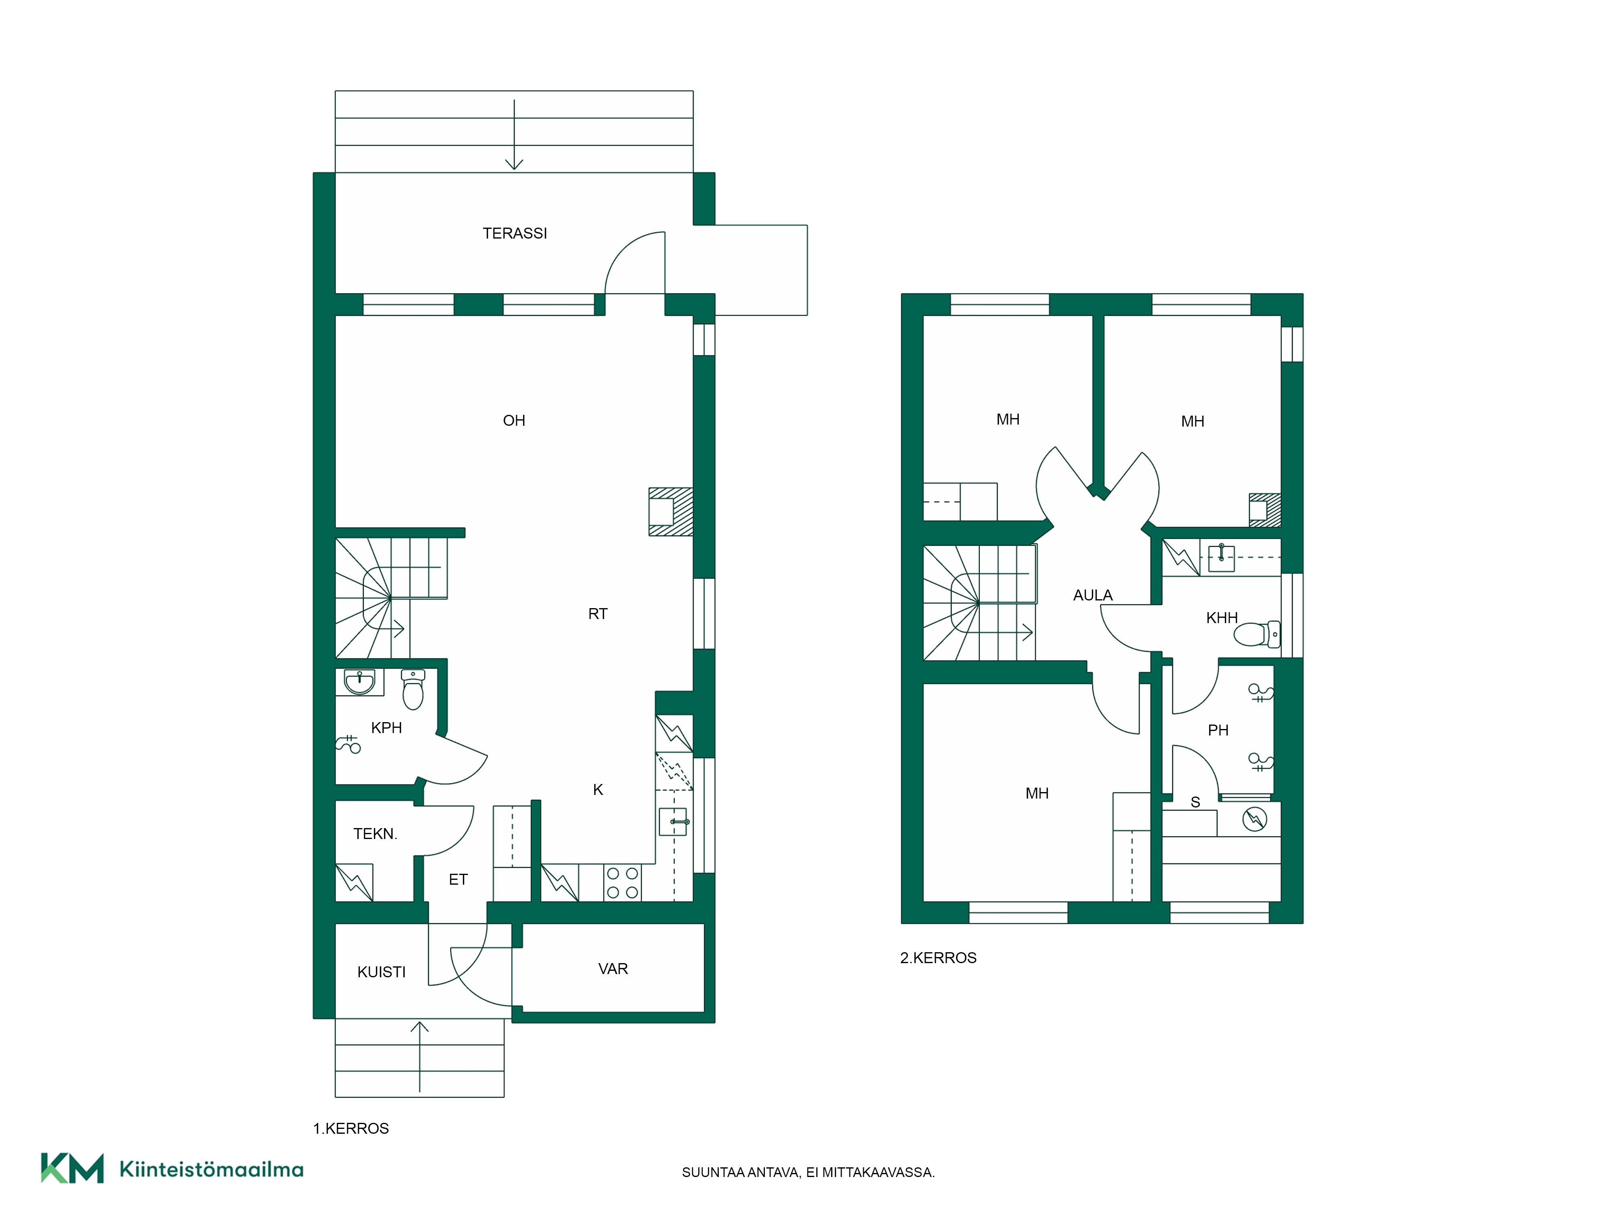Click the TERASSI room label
[x=515, y=233]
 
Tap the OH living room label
[x=514, y=421]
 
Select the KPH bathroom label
[x=387, y=727]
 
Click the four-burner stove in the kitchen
[x=622, y=883]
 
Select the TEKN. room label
[x=376, y=833]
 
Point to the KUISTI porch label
[x=382, y=972]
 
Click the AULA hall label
[x=1093, y=595]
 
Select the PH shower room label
[x=1218, y=730]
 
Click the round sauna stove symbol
[x=1254, y=818]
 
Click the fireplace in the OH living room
[x=670, y=512]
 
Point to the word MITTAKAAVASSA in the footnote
[x=878, y=1173]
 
